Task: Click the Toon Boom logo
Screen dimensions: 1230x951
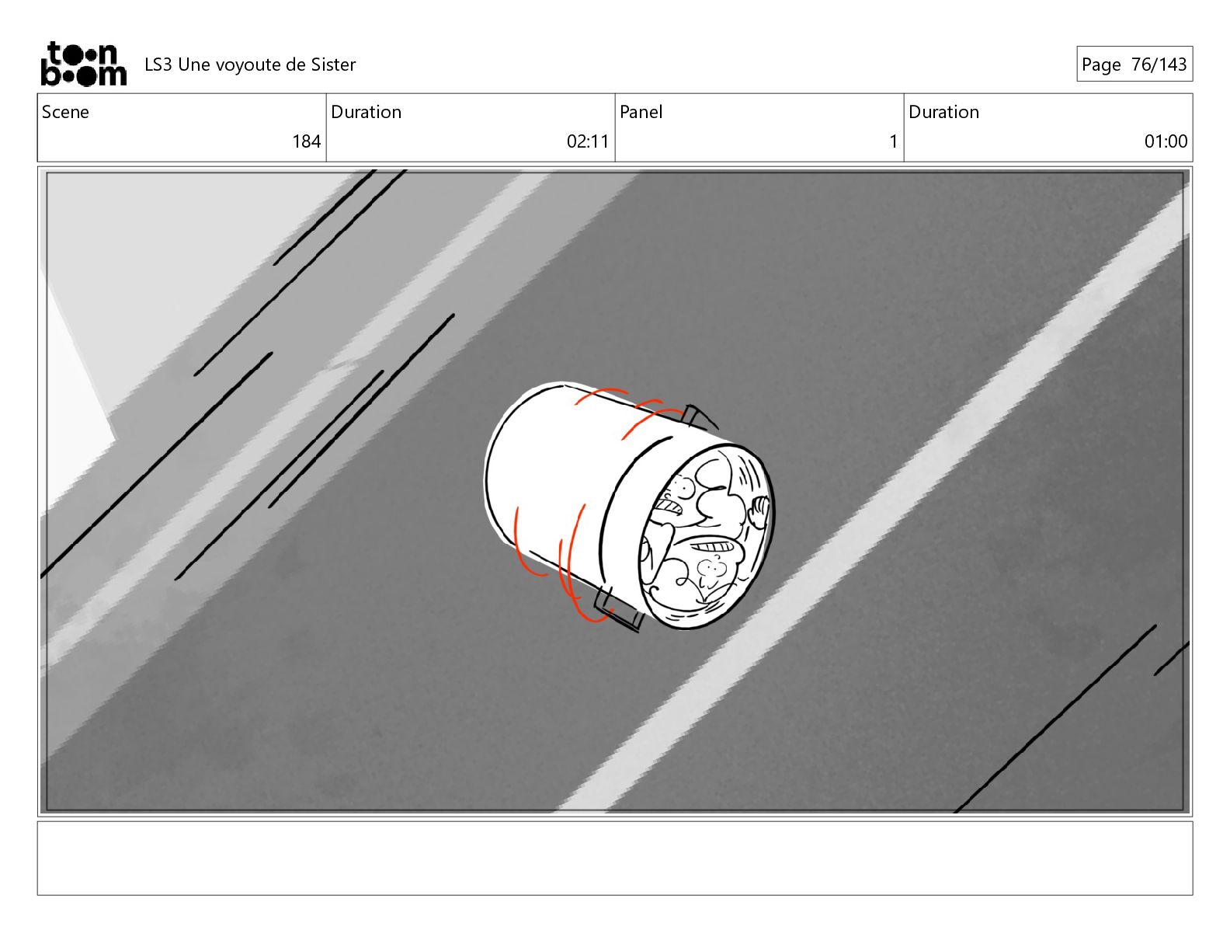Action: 84,64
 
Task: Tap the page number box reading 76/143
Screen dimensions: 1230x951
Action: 1134,64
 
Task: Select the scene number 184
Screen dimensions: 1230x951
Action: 306,141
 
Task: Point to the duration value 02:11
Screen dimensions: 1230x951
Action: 588,141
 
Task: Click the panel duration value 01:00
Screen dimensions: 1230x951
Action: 1166,141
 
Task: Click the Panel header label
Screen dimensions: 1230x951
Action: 641,112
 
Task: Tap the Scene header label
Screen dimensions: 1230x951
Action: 65,112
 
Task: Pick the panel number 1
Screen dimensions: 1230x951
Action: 893,141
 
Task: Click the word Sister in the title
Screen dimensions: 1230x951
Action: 333,65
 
